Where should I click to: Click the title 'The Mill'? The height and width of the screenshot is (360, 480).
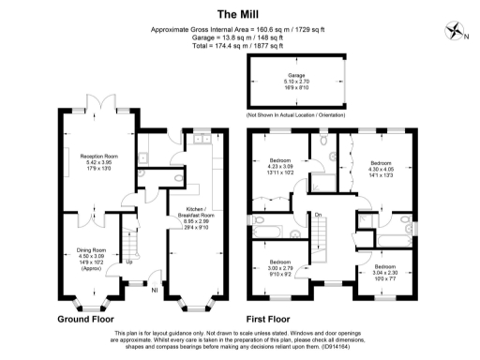[239, 13]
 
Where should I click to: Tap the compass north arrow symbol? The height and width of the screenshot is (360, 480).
[457, 31]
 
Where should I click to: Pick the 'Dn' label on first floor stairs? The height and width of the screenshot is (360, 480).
[319, 216]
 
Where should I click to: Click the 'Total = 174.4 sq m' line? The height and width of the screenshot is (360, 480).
[239, 44]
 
